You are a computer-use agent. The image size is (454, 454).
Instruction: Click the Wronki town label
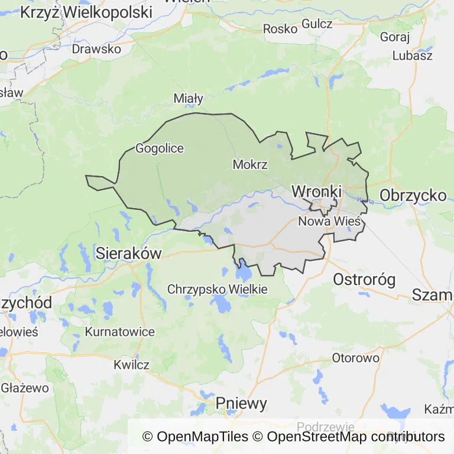[x=317, y=192]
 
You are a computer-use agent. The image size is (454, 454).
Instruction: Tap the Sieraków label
[x=128, y=254]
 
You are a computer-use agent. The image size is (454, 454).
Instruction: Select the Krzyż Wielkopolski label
[x=86, y=12]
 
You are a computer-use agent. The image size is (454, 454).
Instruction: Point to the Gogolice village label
[x=160, y=148]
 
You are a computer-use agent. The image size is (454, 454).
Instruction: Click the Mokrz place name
[x=250, y=164]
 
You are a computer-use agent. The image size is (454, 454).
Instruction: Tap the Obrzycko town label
[x=413, y=196]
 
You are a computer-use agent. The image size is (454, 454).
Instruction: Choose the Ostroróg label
[x=364, y=280]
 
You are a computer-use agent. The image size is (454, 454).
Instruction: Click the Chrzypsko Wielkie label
[x=218, y=290]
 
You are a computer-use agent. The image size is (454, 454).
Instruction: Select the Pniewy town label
[x=241, y=404]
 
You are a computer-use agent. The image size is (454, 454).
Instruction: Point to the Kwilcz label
[x=131, y=365]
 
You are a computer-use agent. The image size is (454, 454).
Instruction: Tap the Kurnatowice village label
[x=120, y=332]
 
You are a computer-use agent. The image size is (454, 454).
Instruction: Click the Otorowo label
[x=355, y=358]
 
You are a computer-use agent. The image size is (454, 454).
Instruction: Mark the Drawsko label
[x=96, y=49]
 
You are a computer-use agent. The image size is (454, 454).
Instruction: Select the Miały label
[x=189, y=98]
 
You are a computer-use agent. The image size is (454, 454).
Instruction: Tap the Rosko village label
[x=280, y=28]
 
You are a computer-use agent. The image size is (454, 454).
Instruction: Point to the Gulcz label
[x=317, y=24]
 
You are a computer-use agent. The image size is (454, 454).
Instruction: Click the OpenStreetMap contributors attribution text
[x=355, y=437]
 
